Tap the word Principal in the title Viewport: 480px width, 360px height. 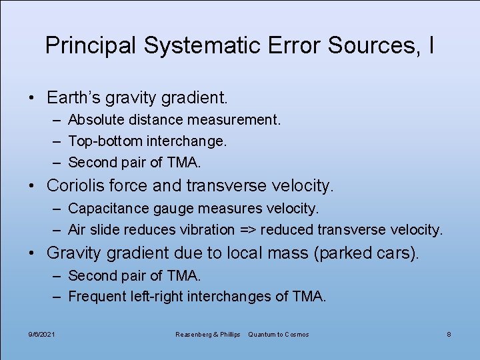(x=90, y=45)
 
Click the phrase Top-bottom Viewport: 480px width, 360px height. (x=106, y=141)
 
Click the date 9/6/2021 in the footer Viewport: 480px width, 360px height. (x=43, y=334)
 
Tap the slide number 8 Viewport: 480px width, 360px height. (x=449, y=334)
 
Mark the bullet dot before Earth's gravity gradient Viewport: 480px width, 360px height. (x=32, y=99)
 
